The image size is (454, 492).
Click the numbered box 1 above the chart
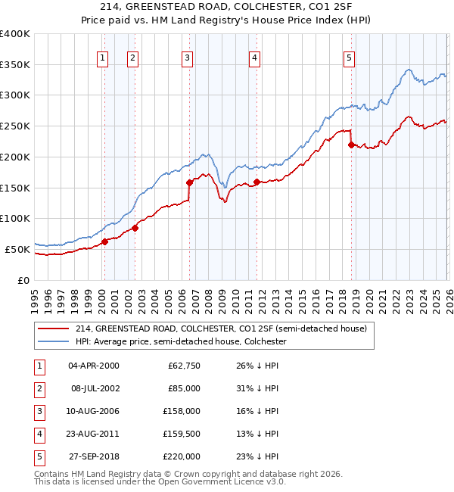tap(102, 57)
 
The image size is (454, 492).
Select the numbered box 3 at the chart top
tap(187, 57)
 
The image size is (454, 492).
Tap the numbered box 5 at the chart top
tap(349, 57)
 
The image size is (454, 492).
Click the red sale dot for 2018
tap(351, 145)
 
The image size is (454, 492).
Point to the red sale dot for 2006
tap(189, 182)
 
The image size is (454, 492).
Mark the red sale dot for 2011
tap(257, 182)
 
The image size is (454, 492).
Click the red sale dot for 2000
tap(104, 241)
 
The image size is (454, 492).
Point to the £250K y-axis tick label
tap(15, 126)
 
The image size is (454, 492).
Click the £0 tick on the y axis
tap(23, 280)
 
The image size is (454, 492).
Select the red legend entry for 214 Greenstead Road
tap(221, 329)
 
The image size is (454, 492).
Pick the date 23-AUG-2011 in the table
tap(93, 434)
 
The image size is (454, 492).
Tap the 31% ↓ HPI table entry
tap(257, 388)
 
